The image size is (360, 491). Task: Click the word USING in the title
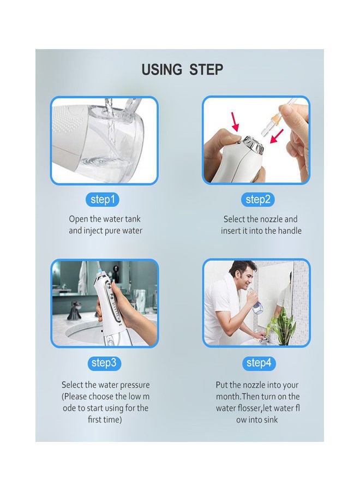[162, 70]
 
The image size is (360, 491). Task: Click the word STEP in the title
[206, 70]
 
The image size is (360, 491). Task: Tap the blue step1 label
[102, 200]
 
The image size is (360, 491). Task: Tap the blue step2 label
[257, 200]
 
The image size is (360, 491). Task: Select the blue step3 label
[103, 363]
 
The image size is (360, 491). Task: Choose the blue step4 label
[257, 363]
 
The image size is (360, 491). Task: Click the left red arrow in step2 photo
[236, 121]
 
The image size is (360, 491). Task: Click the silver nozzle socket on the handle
[255, 146]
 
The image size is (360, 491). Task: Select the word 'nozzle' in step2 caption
[271, 219]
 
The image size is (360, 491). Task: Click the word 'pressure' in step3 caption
[133, 385]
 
